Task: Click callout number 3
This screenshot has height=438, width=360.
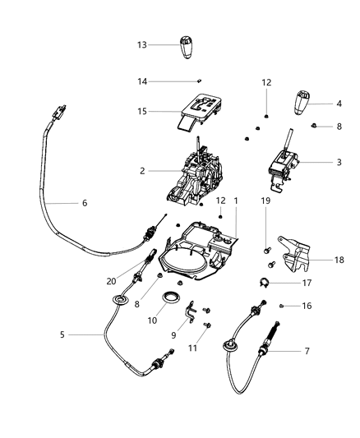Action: [x=339, y=163]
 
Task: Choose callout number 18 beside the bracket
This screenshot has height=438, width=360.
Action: [x=339, y=260]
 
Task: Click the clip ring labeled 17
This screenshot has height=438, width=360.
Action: [x=262, y=284]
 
